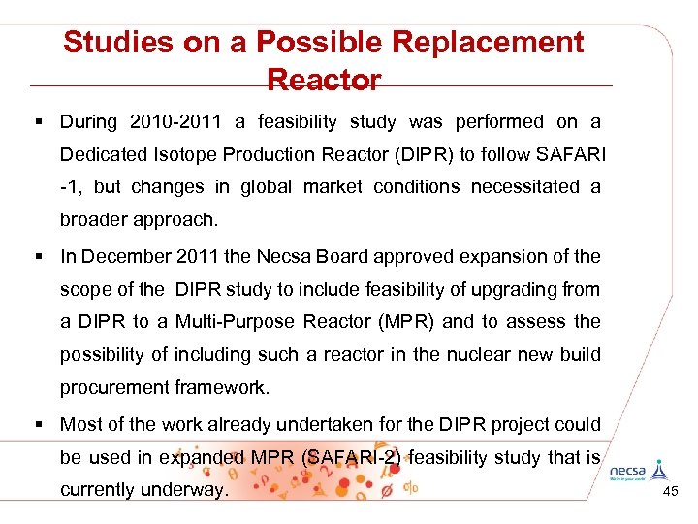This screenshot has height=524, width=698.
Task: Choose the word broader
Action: (96, 219)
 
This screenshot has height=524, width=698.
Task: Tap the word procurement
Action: (113, 388)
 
